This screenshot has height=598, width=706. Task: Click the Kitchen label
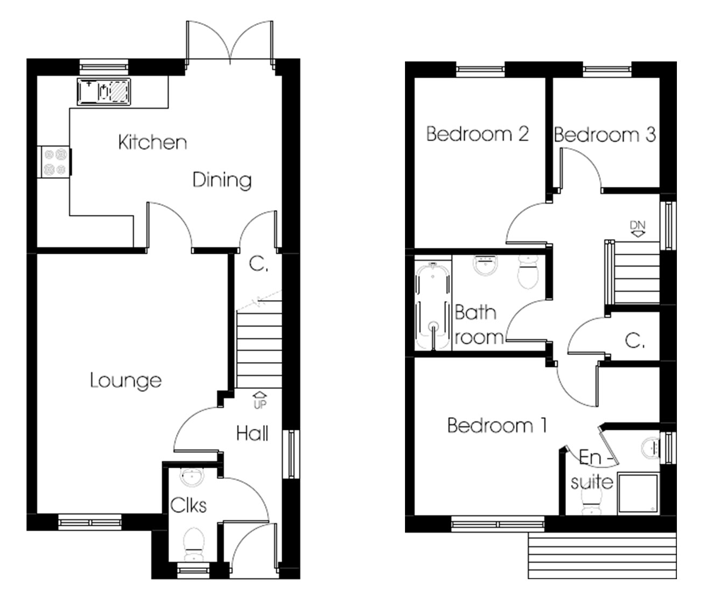[x=152, y=143]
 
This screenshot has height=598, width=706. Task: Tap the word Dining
[x=222, y=180]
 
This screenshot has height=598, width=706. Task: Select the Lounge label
[x=125, y=381]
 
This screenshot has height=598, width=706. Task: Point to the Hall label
[x=252, y=433]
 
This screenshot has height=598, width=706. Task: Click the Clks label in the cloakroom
[x=188, y=505]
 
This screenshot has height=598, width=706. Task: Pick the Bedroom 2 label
[x=477, y=134]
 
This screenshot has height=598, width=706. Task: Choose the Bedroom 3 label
[x=604, y=134]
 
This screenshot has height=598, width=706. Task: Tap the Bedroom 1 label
[x=497, y=426]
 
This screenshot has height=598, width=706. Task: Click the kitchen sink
[x=104, y=91]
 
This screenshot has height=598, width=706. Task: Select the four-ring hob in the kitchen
[x=54, y=162]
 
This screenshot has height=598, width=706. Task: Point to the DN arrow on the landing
[x=638, y=228]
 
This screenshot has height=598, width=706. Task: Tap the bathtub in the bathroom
[x=432, y=304]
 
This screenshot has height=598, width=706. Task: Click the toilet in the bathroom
[x=528, y=272]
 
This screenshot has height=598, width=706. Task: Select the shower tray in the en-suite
[x=638, y=492]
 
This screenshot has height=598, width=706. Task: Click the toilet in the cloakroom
[x=192, y=543]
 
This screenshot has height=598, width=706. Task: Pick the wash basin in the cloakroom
[x=190, y=476]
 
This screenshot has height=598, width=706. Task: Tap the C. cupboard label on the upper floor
[x=635, y=340]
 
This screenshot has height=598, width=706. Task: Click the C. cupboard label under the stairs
[x=258, y=265]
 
